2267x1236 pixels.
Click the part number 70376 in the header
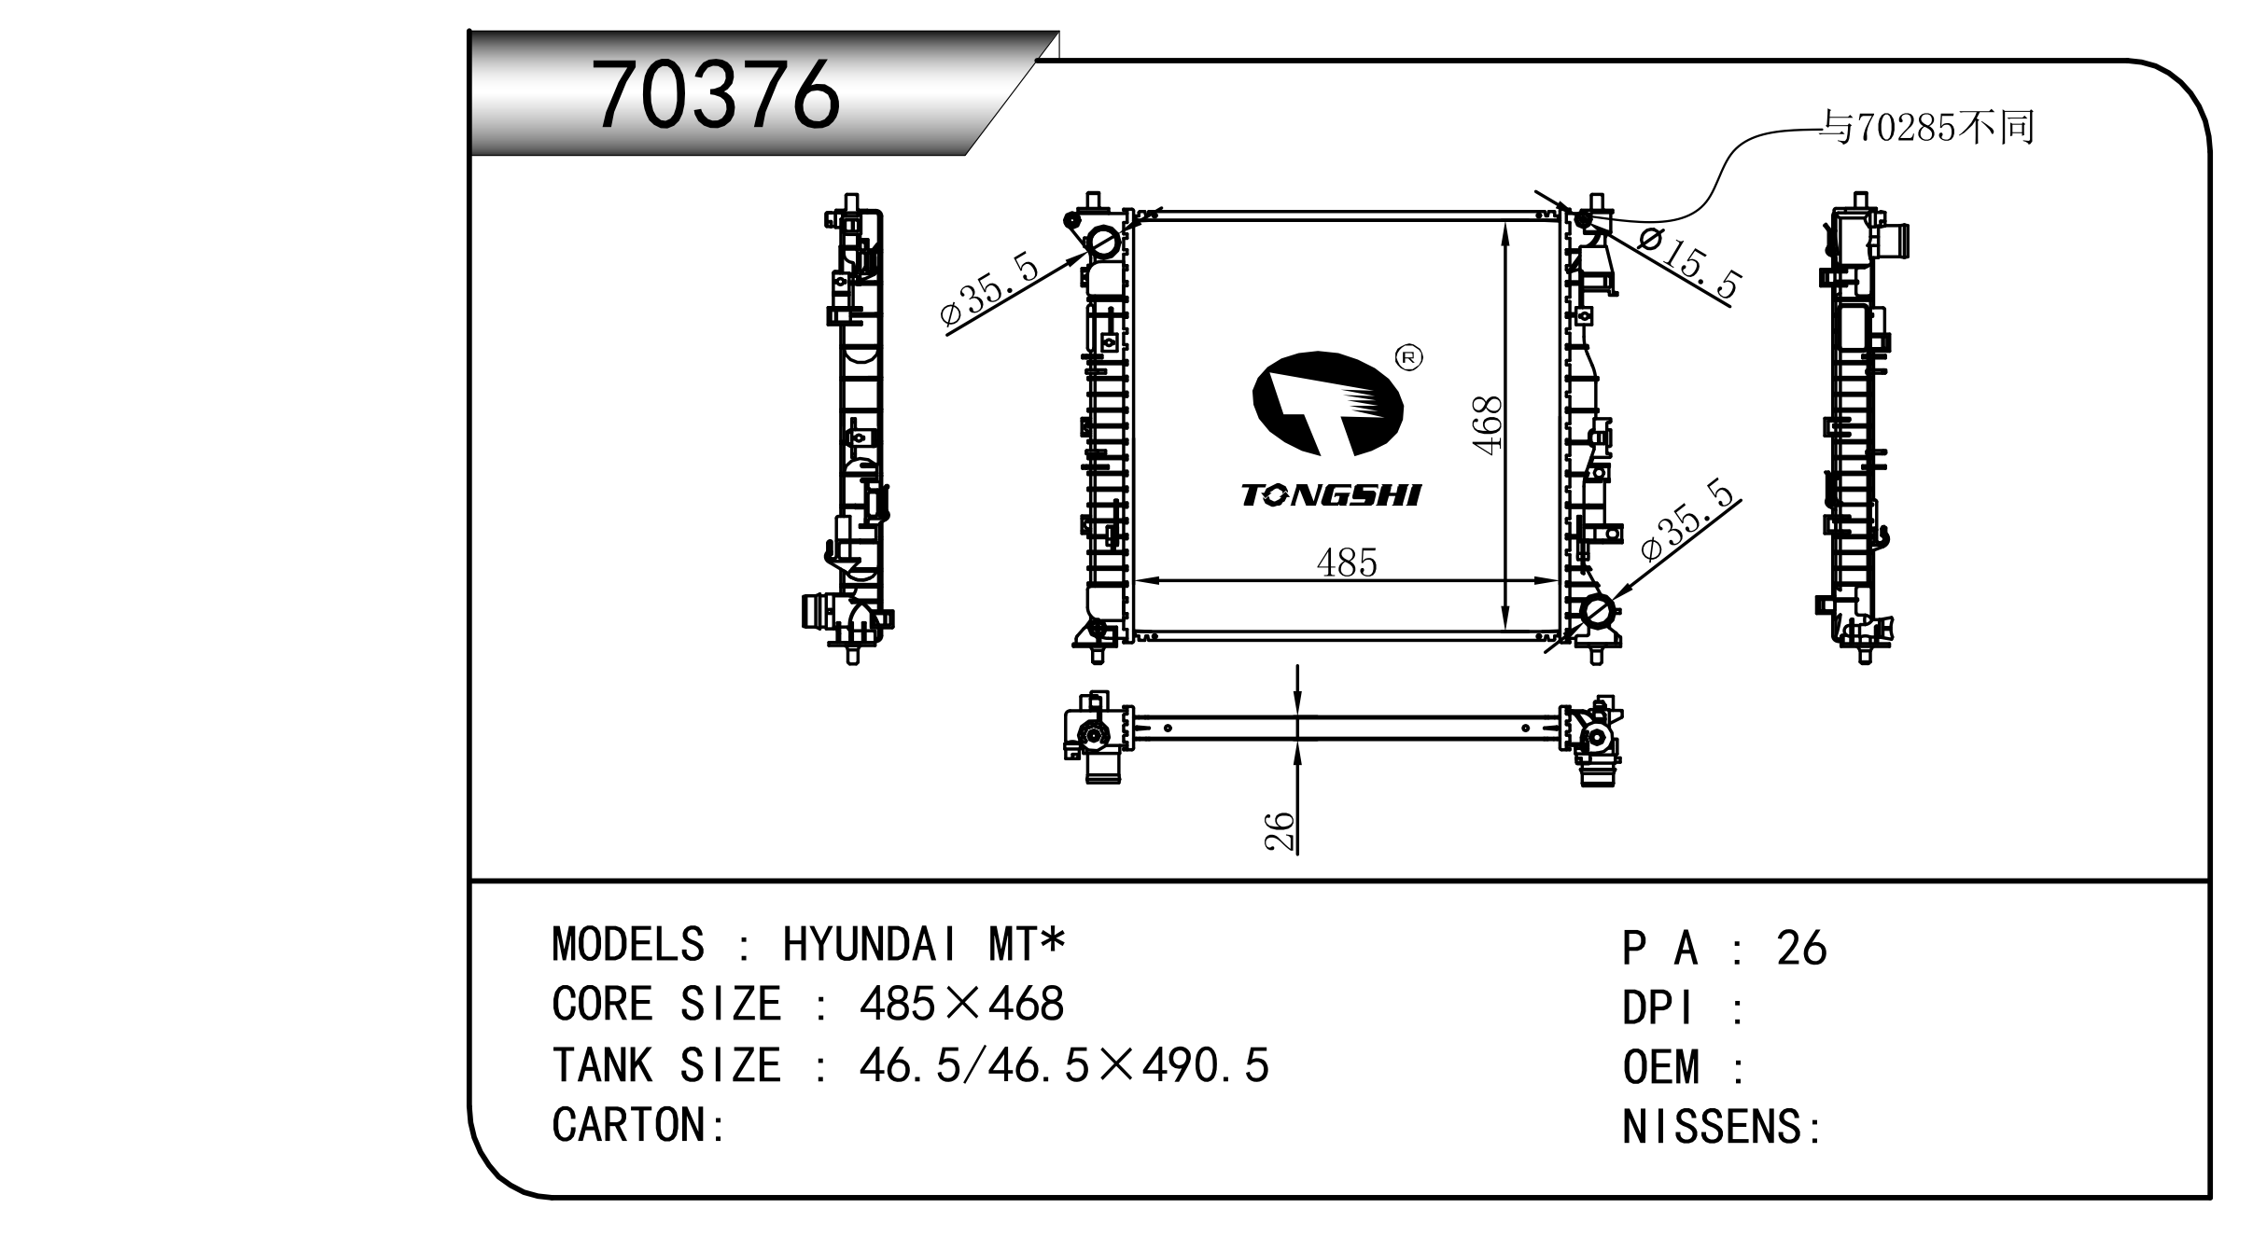click(x=717, y=95)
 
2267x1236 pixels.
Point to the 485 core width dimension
click(x=1346, y=562)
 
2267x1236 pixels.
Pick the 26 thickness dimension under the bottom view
click(x=1280, y=831)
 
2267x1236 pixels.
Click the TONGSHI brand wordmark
click(x=1331, y=495)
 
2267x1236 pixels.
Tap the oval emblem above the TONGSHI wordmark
click(x=1327, y=403)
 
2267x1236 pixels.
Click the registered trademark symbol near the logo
click(x=1407, y=357)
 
